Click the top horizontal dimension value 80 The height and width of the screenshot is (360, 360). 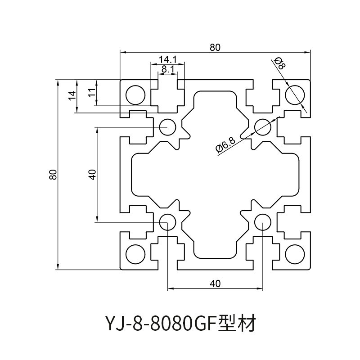(215, 46)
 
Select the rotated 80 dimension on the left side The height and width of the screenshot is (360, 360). (53, 175)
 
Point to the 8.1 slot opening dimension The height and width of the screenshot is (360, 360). (167, 69)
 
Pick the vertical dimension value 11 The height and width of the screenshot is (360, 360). (91, 93)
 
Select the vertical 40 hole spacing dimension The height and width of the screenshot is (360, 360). (92, 175)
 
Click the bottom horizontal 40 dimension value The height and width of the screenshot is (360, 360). (215, 283)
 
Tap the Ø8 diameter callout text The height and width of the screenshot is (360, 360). (279, 63)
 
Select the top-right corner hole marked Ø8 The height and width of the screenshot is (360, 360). (295, 94)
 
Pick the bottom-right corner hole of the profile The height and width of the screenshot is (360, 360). (295, 254)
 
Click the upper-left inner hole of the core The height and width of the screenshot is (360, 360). (168, 127)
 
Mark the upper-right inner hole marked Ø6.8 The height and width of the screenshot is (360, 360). (263, 127)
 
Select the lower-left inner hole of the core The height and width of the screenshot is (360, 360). (168, 222)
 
